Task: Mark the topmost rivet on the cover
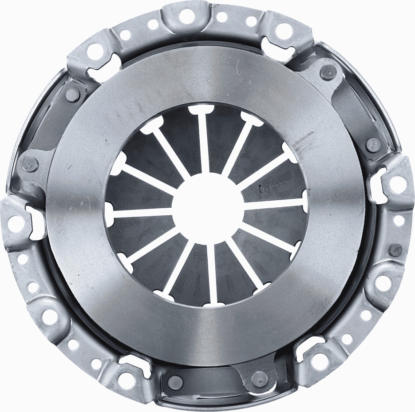point(328,70)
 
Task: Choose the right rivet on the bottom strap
point(257,378)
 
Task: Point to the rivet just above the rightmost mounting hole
point(373,143)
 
